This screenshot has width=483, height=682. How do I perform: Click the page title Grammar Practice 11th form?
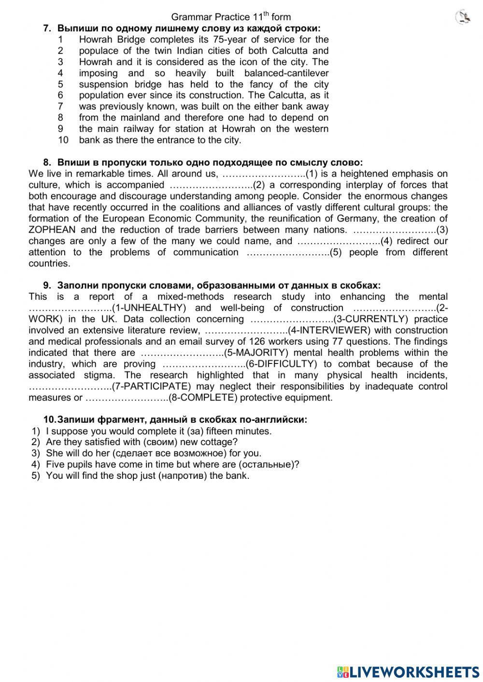[x=231, y=17]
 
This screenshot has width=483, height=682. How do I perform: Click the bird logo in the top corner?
[x=463, y=17]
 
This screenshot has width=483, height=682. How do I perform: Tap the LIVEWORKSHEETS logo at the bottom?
[x=408, y=671]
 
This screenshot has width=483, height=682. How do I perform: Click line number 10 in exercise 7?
[x=63, y=140]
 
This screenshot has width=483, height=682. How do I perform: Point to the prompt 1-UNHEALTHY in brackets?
[x=149, y=308]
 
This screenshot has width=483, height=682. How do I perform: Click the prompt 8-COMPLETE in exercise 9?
[x=203, y=398]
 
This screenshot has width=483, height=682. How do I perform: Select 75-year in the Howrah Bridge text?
[x=236, y=40]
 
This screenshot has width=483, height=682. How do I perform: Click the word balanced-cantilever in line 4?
[x=286, y=73]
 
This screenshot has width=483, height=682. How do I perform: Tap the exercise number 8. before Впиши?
[x=47, y=163]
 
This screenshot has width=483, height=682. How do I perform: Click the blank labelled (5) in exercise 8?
[x=288, y=252]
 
